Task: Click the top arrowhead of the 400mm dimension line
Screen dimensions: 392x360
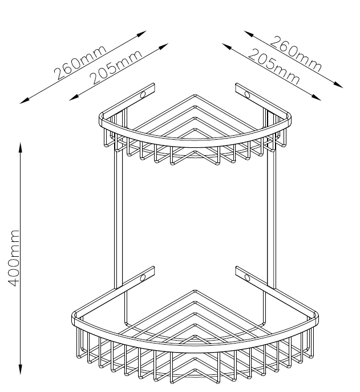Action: click(x=21, y=146)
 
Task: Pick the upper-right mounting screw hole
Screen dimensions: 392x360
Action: click(x=246, y=93)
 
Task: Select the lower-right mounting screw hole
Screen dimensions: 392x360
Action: click(x=246, y=278)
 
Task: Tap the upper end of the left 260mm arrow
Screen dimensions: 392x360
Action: click(x=144, y=33)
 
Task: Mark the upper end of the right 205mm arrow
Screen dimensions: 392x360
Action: click(x=223, y=43)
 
